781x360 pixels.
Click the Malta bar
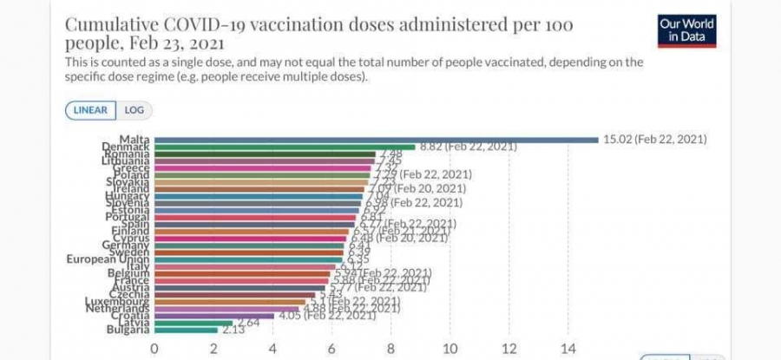click(x=373, y=139)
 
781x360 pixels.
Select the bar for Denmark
click(x=286, y=147)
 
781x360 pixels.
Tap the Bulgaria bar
click(x=186, y=330)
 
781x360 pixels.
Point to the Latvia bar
click(x=194, y=323)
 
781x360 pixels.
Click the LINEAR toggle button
click(x=90, y=110)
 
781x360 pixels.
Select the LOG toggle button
click(x=134, y=110)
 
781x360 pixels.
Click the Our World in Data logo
click(x=687, y=30)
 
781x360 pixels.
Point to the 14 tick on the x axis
click(x=568, y=349)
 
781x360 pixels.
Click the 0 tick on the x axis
click(x=154, y=349)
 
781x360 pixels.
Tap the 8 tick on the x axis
click(x=390, y=349)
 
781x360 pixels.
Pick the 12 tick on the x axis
click(x=509, y=349)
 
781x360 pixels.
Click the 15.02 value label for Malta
click(x=656, y=139)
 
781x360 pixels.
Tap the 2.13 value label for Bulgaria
click(x=233, y=330)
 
